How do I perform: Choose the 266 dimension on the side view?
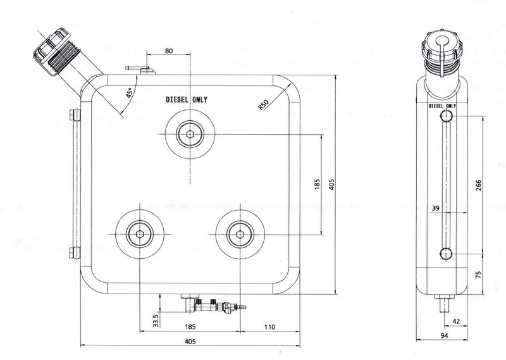point(478,185)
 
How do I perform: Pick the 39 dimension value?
point(435,208)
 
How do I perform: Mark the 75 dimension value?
point(478,274)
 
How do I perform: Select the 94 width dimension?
point(446,336)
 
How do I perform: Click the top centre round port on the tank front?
point(190,133)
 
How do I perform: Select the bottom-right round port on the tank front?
point(239,233)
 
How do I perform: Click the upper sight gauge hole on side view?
point(446,116)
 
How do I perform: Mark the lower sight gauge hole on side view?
point(446,254)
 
